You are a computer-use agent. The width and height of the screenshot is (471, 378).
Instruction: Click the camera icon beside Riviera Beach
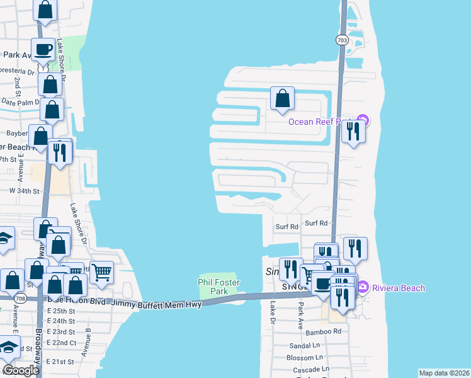[x=362, y=288]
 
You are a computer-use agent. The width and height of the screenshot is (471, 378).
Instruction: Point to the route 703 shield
[x=341, y=39]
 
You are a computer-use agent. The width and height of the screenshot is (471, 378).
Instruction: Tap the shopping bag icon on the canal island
[x=282, y=98]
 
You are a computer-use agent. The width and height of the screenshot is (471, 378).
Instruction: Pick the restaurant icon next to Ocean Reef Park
[x=353, y=131]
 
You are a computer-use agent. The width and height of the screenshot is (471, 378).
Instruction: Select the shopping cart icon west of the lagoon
[x=101, y=272]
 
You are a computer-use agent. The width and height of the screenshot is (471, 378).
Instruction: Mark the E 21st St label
[x=60, y=362]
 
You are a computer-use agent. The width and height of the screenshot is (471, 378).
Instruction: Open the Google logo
[x=21, y=370]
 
